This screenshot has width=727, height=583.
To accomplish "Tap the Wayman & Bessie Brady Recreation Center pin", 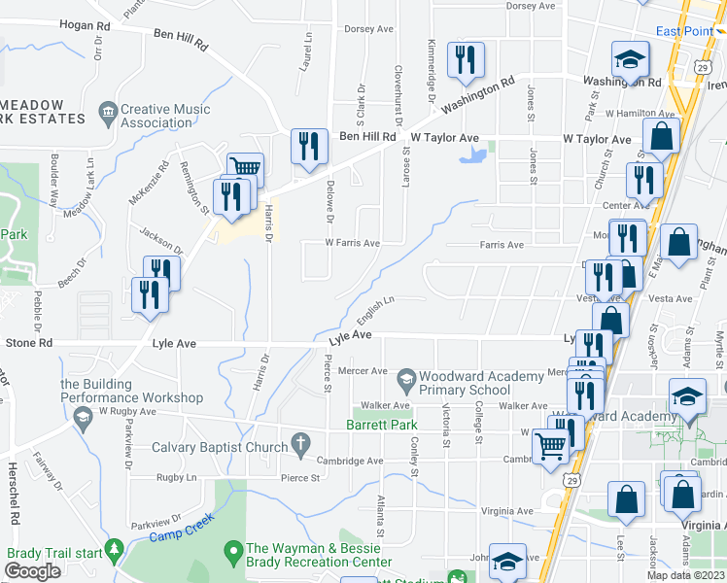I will click(x=232, y=555).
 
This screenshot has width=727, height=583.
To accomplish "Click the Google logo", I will click(x=33, y=571).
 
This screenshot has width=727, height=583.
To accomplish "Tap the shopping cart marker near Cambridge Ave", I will click(x=551, y=448).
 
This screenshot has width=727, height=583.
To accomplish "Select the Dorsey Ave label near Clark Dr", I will click(x=367, y=29).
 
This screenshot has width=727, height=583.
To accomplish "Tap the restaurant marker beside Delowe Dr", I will click(x=309, y=148).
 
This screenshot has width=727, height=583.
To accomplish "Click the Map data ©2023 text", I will click(x=684, y=575).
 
